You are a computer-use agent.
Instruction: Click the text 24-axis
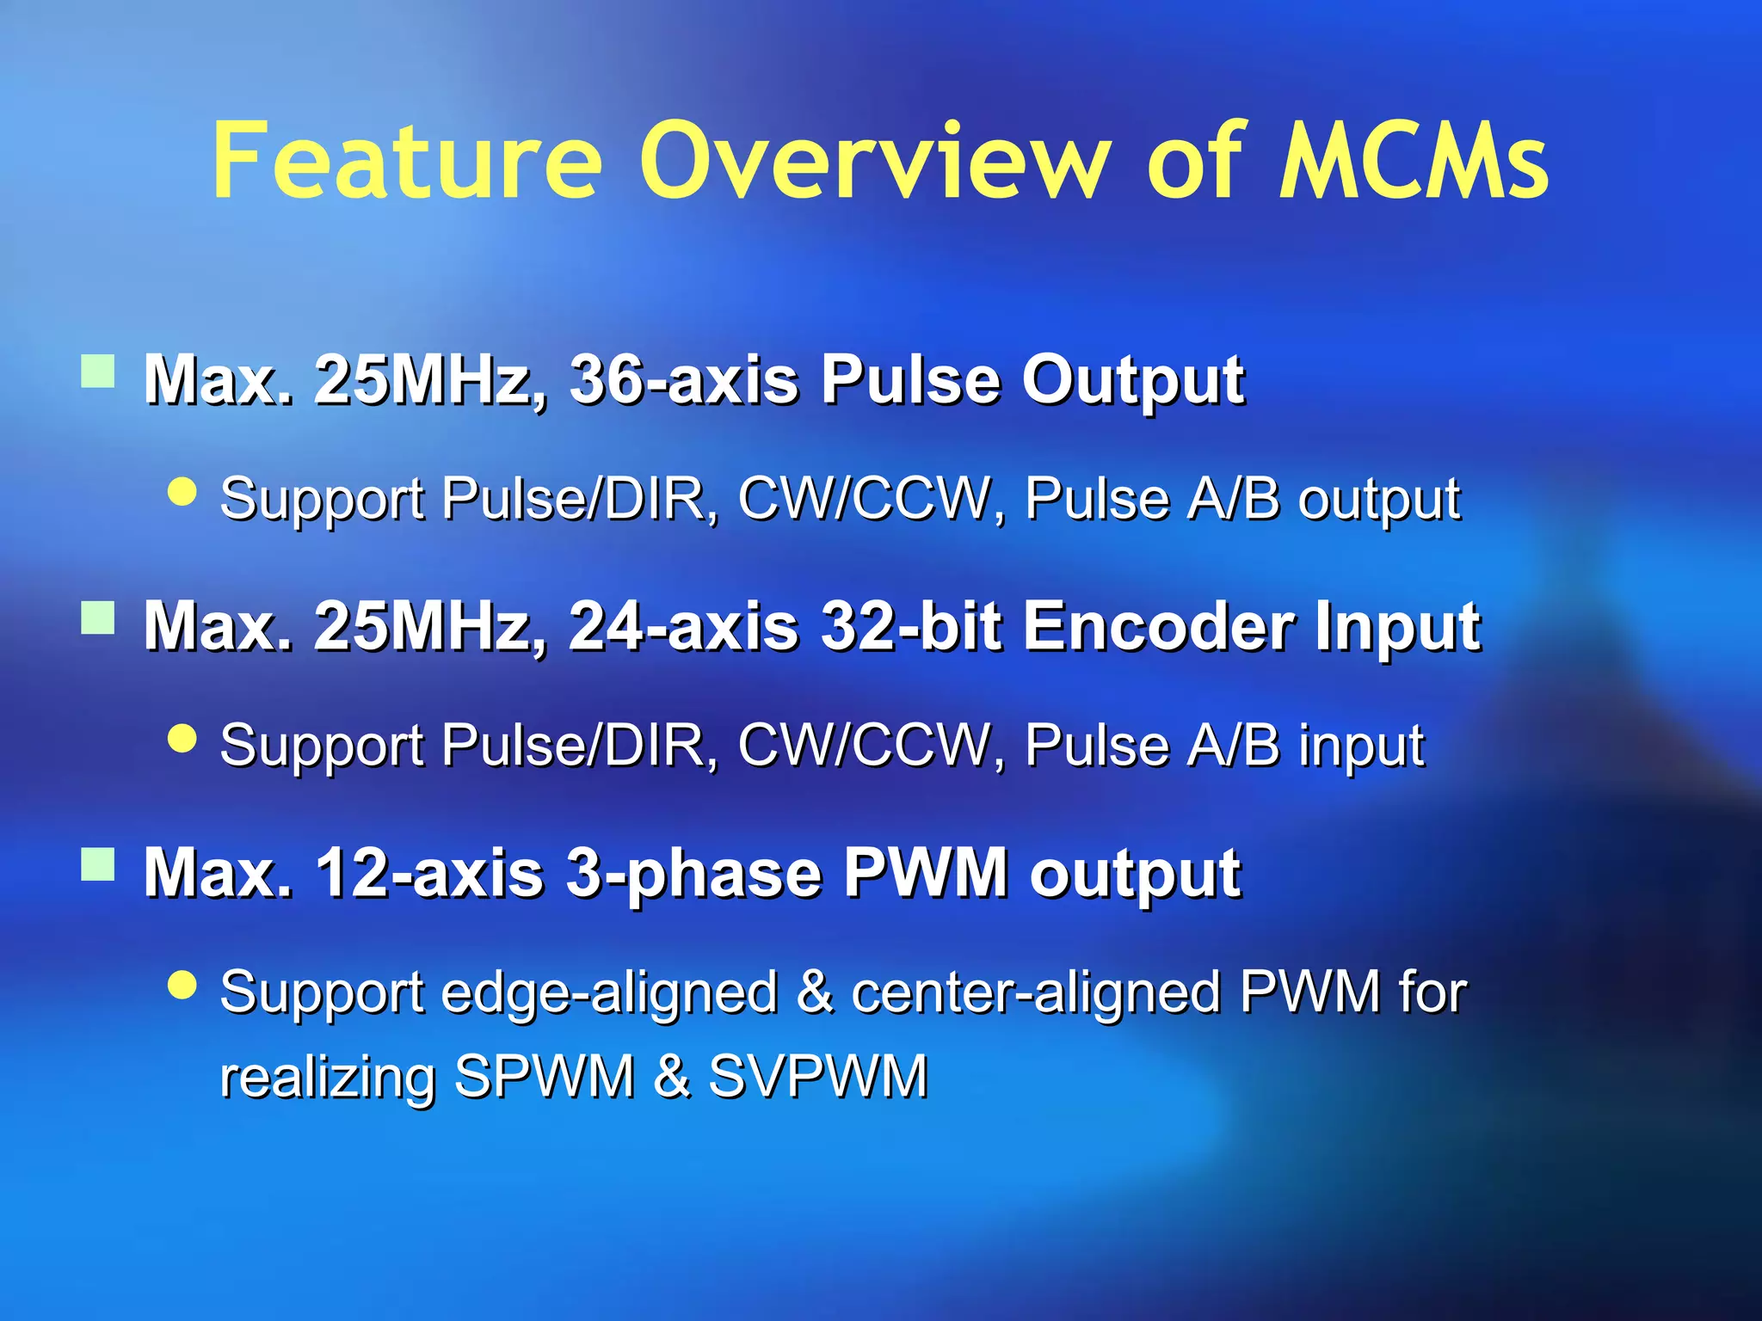[684, 626]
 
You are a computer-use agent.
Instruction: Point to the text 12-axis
[429, 873]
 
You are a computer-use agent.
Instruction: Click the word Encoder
[1157, 626]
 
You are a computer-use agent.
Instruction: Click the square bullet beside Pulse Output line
[98, 372]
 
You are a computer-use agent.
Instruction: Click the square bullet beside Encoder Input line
[98, 617]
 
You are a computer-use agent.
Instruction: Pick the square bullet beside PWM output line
[98, 864]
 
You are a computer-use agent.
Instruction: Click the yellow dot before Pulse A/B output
[182, 492]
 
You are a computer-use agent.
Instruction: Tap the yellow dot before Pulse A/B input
[182, 738]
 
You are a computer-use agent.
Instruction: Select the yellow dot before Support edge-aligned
[182, 985]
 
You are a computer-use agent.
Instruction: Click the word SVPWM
[818, 1076]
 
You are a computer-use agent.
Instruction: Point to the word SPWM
[545, 1076]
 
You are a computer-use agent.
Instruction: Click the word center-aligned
[1036, 992]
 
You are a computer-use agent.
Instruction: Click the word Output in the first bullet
[1132, 381]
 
